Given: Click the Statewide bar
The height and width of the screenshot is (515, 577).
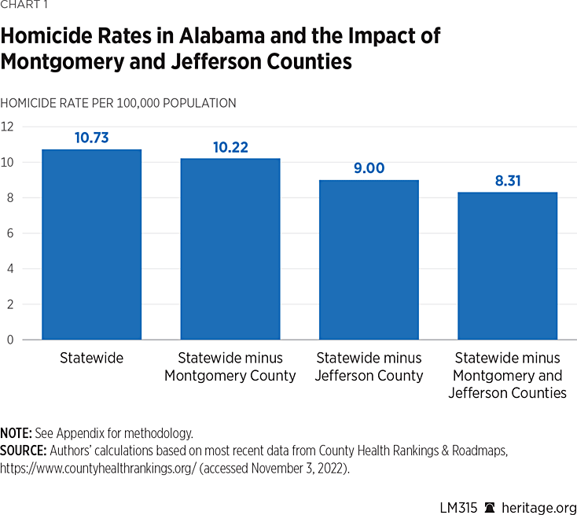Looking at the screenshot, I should click(x=91, y=245).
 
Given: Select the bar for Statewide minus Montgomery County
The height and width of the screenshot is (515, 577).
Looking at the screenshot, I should click(x=230, y=249).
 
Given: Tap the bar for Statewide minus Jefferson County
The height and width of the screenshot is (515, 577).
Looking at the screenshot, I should click(x=368, y=259).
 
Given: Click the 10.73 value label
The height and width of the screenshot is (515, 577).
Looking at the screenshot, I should click(x=91, y=138).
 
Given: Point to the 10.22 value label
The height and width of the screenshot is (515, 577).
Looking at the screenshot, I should click(x=230, y=147).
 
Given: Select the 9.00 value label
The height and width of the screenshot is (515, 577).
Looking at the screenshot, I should click(x=368, y=168).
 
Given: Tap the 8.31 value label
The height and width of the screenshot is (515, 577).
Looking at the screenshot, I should click(x=507, y=181).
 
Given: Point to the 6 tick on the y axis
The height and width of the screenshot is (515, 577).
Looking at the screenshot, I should click(x=9, y=234).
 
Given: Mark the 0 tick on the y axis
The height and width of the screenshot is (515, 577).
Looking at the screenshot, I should click(x=9, y=340).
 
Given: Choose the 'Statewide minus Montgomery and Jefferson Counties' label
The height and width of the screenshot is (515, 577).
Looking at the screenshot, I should click(x=507, y=375).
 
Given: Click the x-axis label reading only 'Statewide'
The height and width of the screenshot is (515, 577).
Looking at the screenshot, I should click(x=91, y=358).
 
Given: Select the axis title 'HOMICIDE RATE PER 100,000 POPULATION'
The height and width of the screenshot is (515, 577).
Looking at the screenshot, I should click(x=118, y=103).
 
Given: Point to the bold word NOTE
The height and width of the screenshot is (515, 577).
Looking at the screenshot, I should click(x=16, y=433).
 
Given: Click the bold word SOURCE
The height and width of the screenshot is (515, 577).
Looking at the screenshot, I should click(x=23, y=450).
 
